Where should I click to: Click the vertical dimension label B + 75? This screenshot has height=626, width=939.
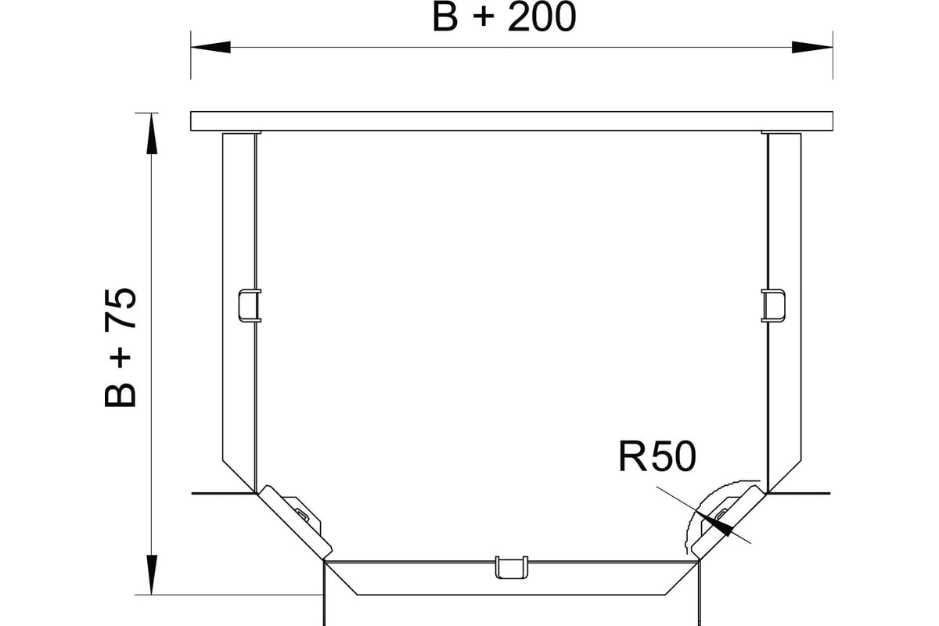coord(121,347)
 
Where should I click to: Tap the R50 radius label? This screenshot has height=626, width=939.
coord(657,457)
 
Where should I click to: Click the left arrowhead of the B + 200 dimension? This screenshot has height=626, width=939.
coord(210,47)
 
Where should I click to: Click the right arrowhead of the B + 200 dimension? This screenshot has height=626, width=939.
coord(812,47)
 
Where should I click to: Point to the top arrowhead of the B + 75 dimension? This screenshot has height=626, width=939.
coord(152,133)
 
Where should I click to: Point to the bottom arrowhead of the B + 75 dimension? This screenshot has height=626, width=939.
coord(152,575)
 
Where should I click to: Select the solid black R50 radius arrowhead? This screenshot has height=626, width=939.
coord(718,525)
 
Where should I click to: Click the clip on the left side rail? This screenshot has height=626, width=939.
coord(250,306)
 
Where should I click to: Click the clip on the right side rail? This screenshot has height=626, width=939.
coord(773,306)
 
